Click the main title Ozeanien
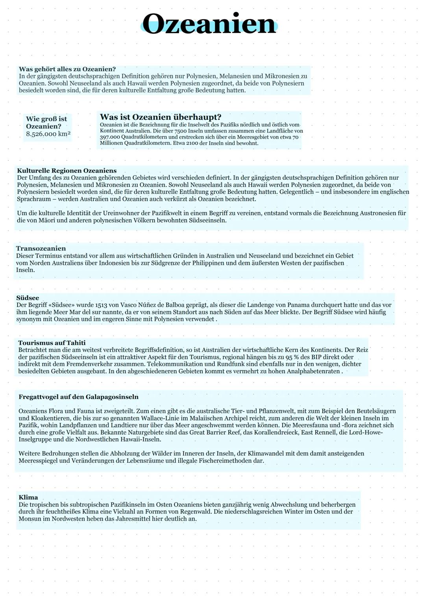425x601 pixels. pyautogui.click(x=209, y=24)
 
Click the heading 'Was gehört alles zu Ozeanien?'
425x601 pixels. pyautogui.click(x=67, y=69)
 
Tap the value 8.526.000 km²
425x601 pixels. pyautogui.click(x=48, y=134)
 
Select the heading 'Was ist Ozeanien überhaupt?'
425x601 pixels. pyautogui.click(x=161, y=117)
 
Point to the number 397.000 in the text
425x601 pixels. pyautogui.click(x=109, y=137)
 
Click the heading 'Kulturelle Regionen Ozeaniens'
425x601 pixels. pyautogui.click(x=67, y=171)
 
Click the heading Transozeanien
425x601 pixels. pyautogui.click(x=41, y=248)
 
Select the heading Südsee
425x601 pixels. pyautogui.click(x=28, y=298)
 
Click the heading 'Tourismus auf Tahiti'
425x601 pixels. pyautogui.click(x=52, y=343)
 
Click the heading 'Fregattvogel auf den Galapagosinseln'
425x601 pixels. pyautogui.click(x=78, y=396)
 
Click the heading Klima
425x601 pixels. pyautogui.click(x=28, y=497)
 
